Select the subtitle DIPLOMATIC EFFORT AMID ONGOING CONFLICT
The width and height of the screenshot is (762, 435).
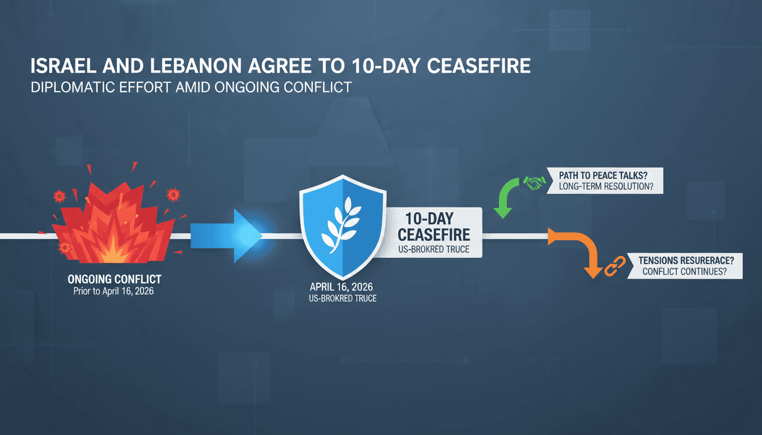(190, 88)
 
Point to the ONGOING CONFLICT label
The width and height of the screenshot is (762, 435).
(114, 279)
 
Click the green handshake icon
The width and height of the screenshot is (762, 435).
(534, 181)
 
